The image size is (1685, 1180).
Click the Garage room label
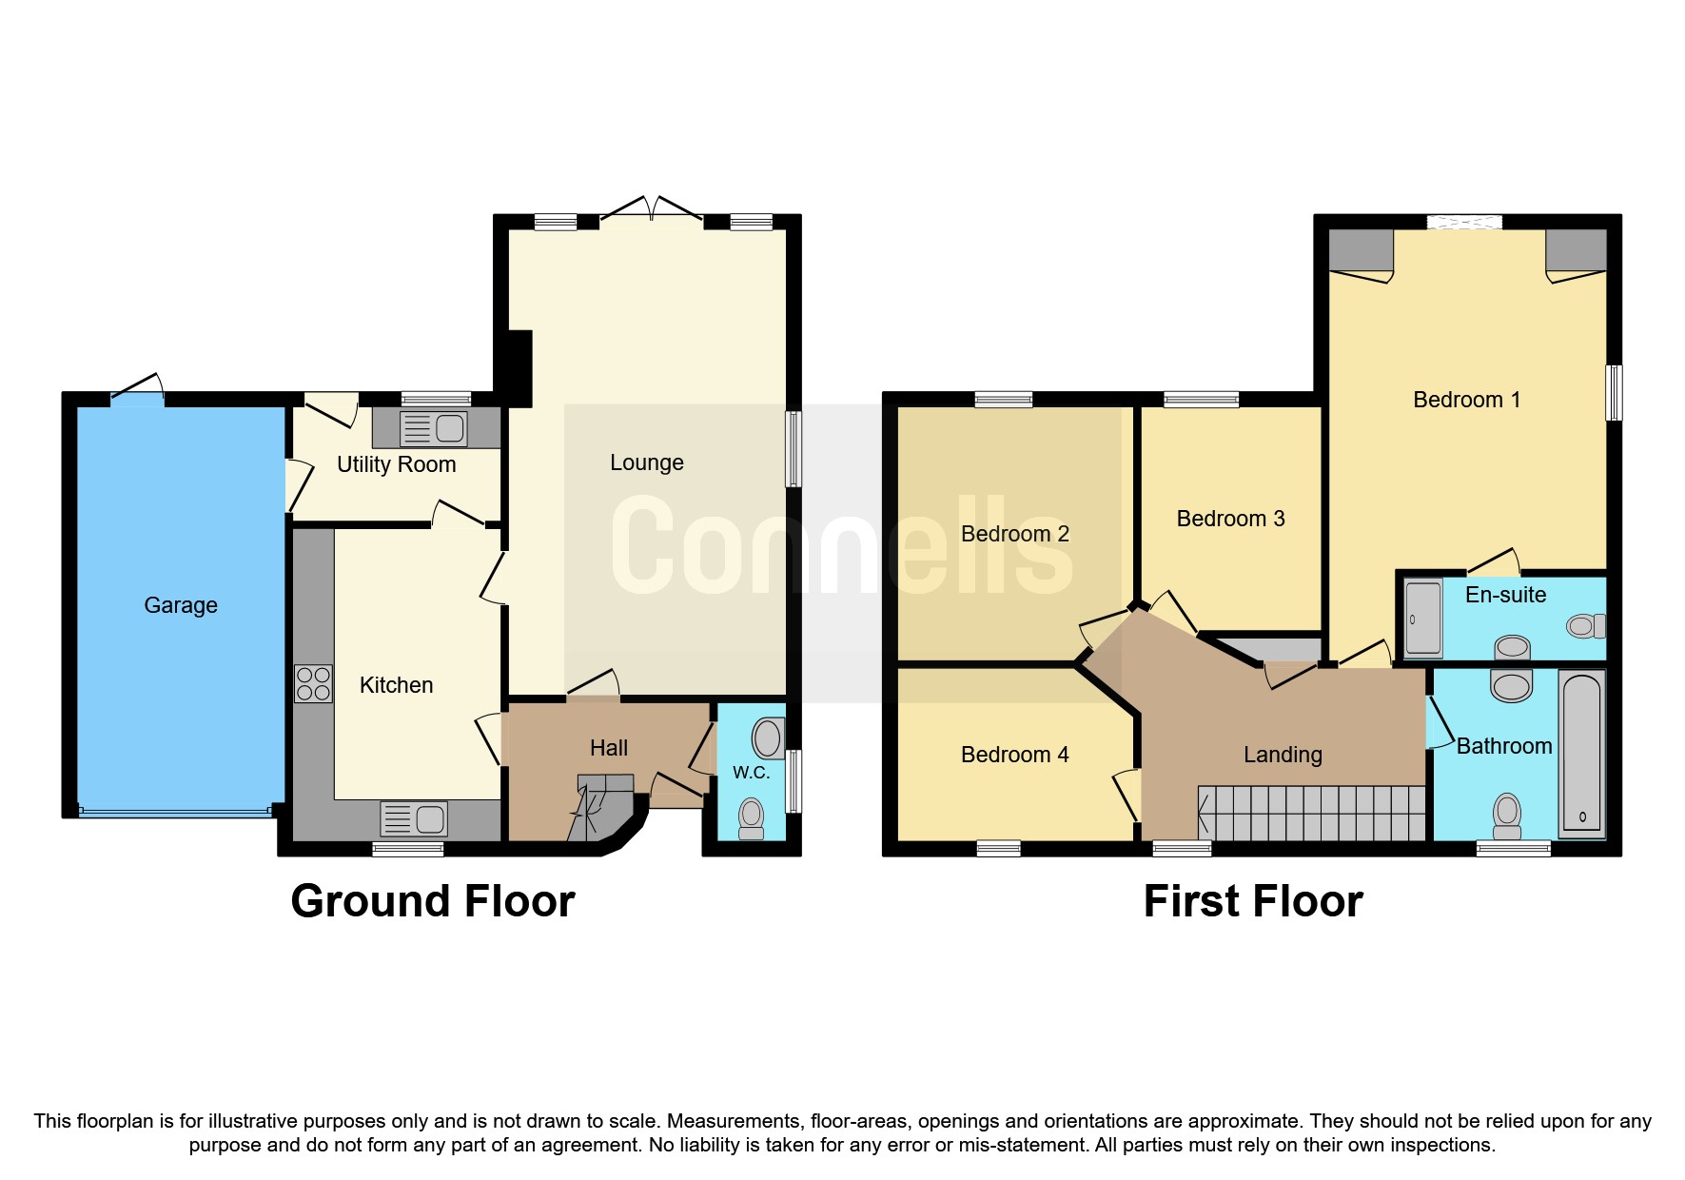click(x=181, y=605)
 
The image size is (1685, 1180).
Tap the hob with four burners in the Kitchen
click(x=313, y=683)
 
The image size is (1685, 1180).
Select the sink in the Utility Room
click(x=434, y=428)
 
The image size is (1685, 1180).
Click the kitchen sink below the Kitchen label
click(x=414, y=819)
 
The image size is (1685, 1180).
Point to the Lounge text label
click(x=647, y=462)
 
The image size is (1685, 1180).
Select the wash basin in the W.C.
click(x=768, y=738)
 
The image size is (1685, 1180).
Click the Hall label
click(x=609, y=748)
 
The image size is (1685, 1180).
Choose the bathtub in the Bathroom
click(x=1581, y=754)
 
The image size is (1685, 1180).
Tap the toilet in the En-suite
click(x=1585, y=626)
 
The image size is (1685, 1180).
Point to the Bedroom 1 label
click(x=1466, y=400)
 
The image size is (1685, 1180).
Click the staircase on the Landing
click(x=1313, y=813)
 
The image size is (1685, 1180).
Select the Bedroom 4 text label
click(x=1014, y=755)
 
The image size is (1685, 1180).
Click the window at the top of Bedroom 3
click(x=1201, y=400)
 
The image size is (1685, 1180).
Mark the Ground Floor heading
click(x=433, y=901)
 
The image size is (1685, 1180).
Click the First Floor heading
click(x=1253, y=901)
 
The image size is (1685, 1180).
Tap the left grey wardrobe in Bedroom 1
click(x=1361, y=249)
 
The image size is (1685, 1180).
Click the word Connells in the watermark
click(x=842, y=547)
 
